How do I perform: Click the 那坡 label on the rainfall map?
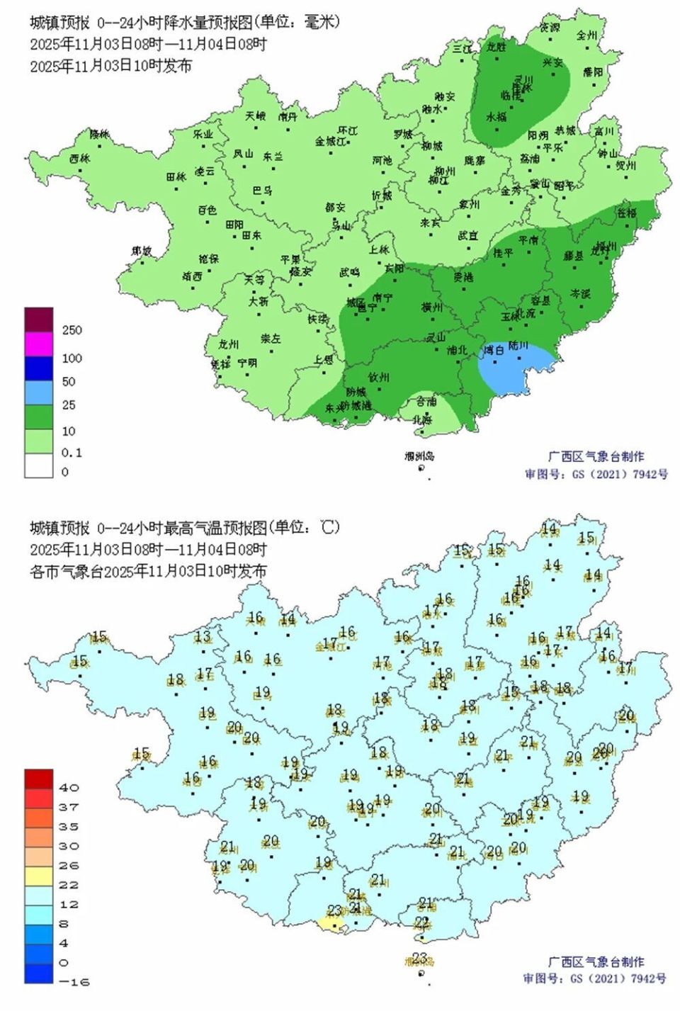pyautogui.click(x=142, y=251)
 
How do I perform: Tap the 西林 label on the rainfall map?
pyautogui.click(x=80, y=158)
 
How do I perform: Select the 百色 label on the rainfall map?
pyautogui.click(x=207, y=210)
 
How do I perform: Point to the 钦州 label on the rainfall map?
pyautogui.click(x=379, y=377)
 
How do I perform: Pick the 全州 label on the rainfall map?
pyautogui.click(x=586, y=35)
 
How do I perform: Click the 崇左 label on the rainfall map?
pyautogui.click(x=271, y=339)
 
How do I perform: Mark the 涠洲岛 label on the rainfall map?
pyautogui.click(x=419, y=456)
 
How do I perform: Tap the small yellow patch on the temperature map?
pyautogui.click(x=329, y=923)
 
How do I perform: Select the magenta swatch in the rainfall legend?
pyautogui.click(x=38, y=344)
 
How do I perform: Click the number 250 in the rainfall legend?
pyautogui.click(x=72, y=330)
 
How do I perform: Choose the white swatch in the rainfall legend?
pyautogui.click(x=38, y=465)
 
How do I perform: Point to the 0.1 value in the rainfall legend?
pyautogui.click(x=72, y=453)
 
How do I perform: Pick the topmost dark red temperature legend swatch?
pyautogui.click(x=38, y=779)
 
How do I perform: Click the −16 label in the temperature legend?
pyautogui.click(x=76, y=982)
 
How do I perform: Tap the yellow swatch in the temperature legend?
pyautogui.click(x=38, y=876)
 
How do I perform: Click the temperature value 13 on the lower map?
pyautogui.click(x=203, y=636)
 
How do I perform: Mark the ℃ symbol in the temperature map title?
pyautogui.click(x=328, y=528)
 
